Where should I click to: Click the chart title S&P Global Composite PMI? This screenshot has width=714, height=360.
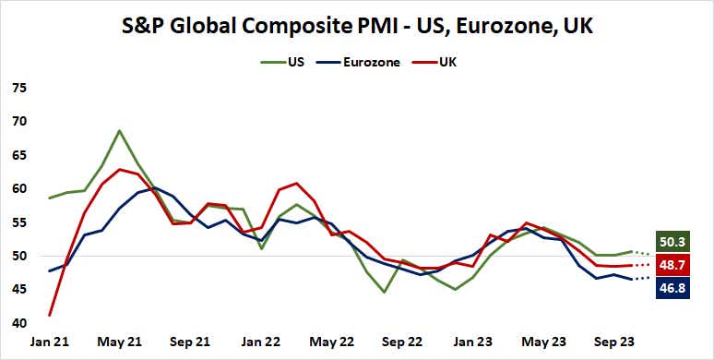pyautogui.click(x=357, y=27)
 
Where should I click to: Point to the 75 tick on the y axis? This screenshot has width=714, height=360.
pyautogui.click(x=18, y=89)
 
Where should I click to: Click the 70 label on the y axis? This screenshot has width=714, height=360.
pyautogui.click(x=18, y=122)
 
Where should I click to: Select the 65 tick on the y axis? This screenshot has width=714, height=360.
pyautogui.click(x=18, y=155)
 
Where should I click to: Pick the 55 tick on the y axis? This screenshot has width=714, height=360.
pyautogui.click(x=18, y=222)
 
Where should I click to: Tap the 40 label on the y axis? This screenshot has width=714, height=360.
pyautogui.click(x=18, y=323)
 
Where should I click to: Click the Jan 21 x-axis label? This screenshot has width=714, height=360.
pyautogui.click(x=49, y=342)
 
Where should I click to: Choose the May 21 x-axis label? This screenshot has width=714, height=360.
pyautogui.click(x=120, y=342)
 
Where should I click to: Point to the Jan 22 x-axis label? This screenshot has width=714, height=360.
pyautogui.click(x=261, y=342)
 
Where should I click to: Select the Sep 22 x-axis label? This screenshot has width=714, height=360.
pyautogui.click(x=402, y=342)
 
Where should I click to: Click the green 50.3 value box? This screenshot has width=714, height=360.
pyautogui.click(x=671, y=243)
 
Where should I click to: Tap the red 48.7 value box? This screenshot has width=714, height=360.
pyautogui.click(x=671, y=266)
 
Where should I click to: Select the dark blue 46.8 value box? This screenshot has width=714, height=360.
pyautogui.click(x=671, y=288)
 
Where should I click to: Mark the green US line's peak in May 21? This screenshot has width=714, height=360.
pyautogui.click(x=120, y=130)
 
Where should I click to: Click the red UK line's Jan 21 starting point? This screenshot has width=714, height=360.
pyautogui.click(x=49, y=316)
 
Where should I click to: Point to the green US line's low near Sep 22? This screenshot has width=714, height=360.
pyautogui.click(x=384, y=292)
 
